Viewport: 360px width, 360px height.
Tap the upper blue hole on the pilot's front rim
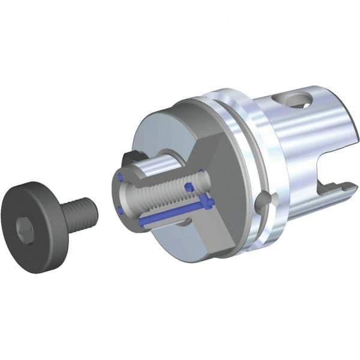click(119, 177)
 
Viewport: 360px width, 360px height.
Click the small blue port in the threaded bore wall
click(190, 187)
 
